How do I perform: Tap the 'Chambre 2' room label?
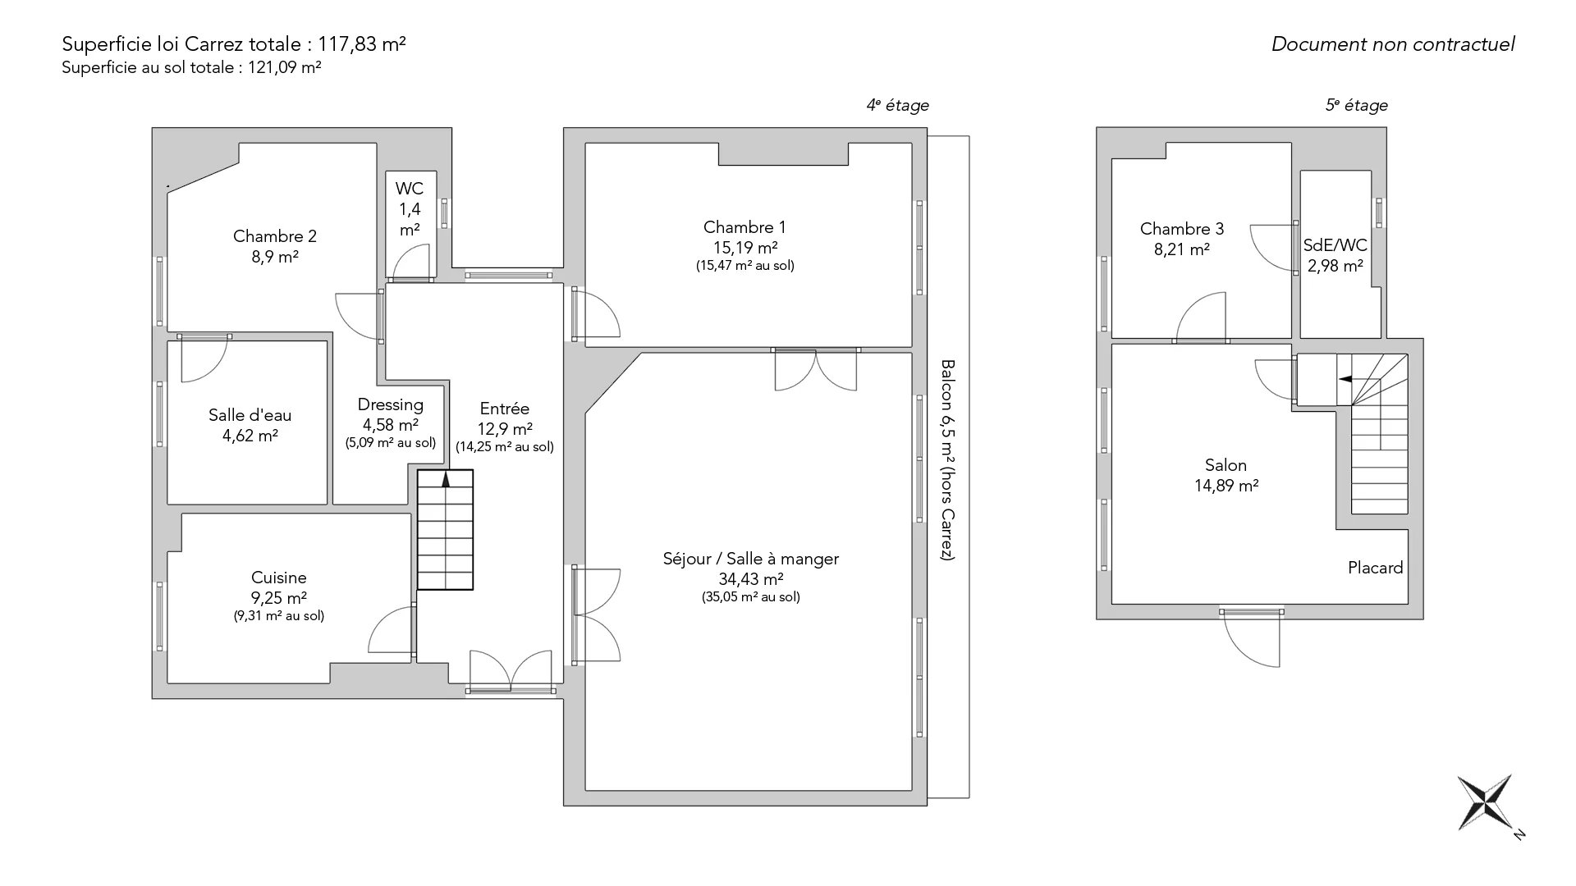click(275, 236)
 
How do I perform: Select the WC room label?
click(410, 189)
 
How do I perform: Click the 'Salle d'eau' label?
click(250, 415)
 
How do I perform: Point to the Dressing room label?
click(391, 404)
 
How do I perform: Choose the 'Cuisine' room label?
click(279, 578)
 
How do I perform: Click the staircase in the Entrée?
click(446, 529)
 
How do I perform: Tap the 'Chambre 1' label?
click(744, 227)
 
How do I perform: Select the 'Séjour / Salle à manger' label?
click(751, 559)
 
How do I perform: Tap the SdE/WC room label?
click(1335, 245)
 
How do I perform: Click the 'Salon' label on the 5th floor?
click(1226, 465)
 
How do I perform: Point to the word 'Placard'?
click(1376, 568)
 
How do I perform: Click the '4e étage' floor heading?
click(898, 105)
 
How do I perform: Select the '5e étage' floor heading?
click(1357, 105)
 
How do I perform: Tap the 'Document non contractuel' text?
click(1393, 44)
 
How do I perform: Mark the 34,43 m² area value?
click(751, 579)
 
